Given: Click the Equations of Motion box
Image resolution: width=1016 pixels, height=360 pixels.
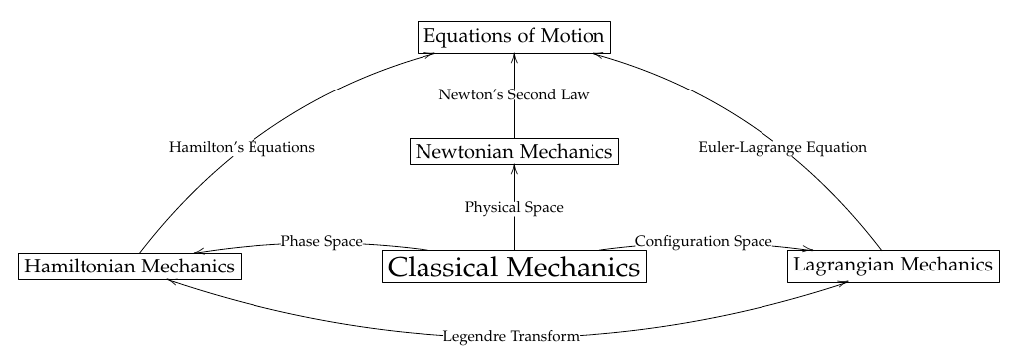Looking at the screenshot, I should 514,37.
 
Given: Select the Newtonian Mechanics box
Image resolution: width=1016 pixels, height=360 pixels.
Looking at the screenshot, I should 514,152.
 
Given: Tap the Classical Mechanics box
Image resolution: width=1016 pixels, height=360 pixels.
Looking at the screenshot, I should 514,268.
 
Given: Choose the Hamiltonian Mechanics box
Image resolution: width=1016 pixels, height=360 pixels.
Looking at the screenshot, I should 130,267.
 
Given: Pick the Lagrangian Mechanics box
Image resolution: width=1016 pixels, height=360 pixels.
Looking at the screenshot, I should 893,265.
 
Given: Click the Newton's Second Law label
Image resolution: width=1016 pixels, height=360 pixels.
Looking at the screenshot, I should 514,95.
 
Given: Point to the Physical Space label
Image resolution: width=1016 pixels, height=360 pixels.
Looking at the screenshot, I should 514,208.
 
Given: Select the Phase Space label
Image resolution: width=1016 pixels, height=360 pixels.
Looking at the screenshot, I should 320,241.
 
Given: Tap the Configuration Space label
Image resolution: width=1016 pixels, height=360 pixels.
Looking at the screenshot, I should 703,241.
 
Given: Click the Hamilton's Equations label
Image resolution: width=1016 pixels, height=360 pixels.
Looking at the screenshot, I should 243,147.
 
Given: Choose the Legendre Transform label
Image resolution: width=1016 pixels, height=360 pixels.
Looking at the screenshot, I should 512,336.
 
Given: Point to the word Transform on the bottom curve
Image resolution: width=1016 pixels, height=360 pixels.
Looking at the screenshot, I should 543,336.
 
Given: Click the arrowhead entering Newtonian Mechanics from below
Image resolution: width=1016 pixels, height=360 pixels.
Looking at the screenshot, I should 514,169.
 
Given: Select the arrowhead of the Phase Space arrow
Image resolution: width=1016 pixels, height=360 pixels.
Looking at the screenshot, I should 199,252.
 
